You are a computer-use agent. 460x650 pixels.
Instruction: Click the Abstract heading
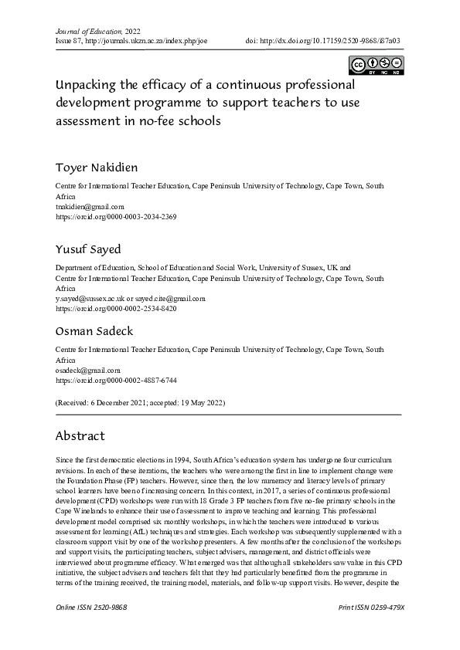click(x=80, y=436)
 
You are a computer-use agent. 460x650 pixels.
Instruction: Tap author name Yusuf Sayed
click(x=87, y=249)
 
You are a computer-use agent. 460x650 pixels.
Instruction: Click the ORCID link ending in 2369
click(x=116, y=217)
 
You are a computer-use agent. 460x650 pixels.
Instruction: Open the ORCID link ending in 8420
click(x=116, y=308)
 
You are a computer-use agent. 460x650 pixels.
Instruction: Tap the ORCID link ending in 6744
click(x=116, y=381)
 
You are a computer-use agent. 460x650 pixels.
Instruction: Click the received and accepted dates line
click(x=140, y=403)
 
